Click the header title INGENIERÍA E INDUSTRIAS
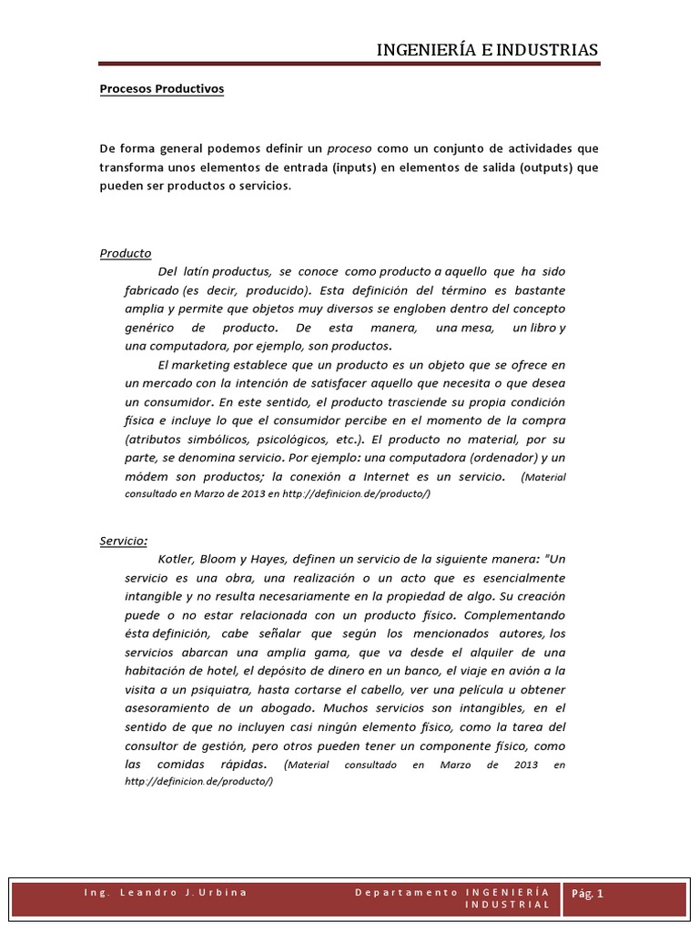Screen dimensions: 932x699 488,49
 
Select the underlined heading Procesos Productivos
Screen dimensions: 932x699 161,89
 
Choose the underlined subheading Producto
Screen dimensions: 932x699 126,253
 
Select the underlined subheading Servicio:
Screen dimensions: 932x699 124,541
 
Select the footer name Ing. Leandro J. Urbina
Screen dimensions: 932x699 163,893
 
